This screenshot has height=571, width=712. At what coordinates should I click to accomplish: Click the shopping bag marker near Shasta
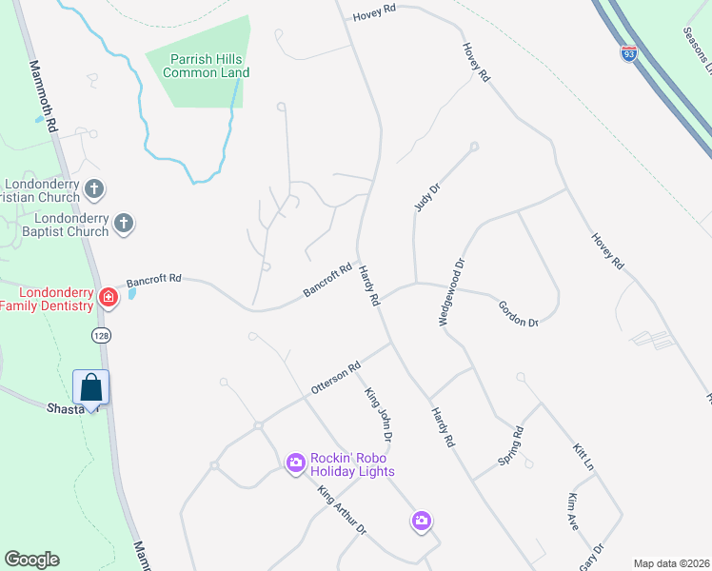coord(91,387)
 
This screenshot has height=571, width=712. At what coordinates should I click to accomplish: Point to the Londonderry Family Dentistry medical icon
coord(109,298)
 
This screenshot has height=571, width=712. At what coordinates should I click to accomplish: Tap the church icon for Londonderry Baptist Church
coord(123,224)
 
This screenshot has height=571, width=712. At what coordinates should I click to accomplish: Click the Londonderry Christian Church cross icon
coord(93,188)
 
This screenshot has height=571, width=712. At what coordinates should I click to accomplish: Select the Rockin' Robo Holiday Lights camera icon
coord(296,463)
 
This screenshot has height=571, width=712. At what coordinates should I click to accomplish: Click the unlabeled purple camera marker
coord(422,521)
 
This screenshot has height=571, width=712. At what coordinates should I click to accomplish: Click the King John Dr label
coord(379,414)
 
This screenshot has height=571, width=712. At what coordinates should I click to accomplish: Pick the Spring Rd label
coord(511,446)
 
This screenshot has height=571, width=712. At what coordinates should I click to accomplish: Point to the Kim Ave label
coord(572,513)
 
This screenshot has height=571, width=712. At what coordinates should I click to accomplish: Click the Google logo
coord(31,560)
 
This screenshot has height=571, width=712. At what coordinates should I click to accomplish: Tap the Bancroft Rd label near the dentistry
coord(153,280)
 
